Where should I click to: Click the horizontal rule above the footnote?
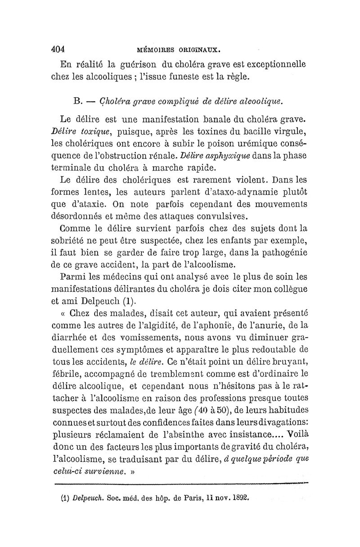coord(180,485)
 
